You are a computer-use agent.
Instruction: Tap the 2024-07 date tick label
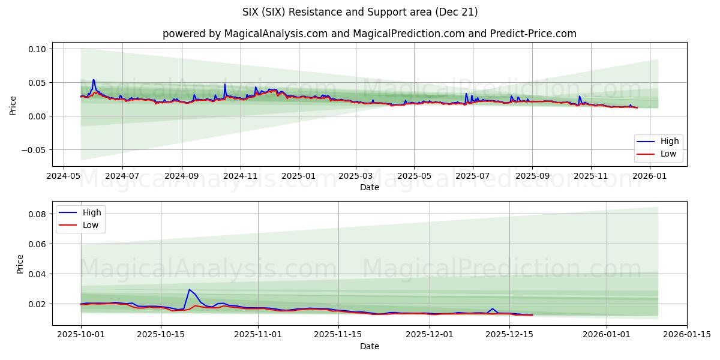point(122,176)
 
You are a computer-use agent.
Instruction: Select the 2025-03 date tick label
point(356,176)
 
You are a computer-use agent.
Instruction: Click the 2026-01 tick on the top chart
point(650,176)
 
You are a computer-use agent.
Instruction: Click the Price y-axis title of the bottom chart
point(20,264)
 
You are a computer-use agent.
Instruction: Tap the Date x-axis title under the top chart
point(369,188)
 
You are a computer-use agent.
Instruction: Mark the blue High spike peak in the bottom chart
point(189,290)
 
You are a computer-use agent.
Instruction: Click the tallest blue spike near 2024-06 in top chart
point(93,80)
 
